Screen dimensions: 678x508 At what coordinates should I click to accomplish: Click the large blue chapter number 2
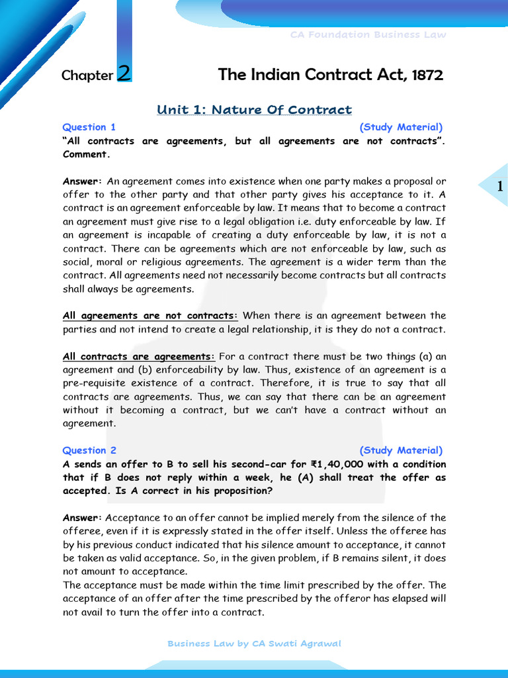124,73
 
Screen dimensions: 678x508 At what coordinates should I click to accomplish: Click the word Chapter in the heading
87,75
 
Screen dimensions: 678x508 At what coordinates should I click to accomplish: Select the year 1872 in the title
427,75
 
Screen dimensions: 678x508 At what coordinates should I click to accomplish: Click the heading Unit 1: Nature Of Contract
254,110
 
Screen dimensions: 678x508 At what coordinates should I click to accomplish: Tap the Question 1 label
89,127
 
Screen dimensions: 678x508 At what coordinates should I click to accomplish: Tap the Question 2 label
89,450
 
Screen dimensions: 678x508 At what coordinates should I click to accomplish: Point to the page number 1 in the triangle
500,188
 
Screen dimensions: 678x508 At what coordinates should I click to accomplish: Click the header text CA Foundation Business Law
368,34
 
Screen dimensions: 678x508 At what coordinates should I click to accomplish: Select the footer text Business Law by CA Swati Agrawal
254,643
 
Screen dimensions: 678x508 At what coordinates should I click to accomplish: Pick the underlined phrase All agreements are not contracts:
150,316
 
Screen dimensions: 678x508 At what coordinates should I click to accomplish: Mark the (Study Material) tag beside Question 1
401,127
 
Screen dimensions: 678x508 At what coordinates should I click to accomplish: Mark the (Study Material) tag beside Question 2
401,450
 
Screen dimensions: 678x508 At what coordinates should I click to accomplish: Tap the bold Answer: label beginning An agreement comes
82,181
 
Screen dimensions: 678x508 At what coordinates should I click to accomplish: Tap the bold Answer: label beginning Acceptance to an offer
82,518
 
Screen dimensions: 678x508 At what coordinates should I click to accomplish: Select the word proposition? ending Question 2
239,491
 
